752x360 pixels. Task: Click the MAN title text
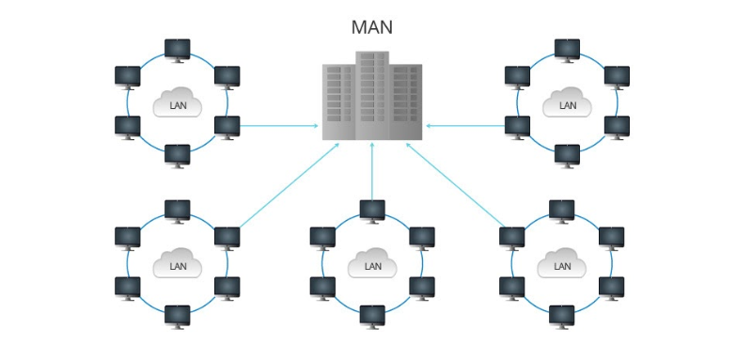click(371, 27)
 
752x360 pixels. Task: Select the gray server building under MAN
click(372, 96)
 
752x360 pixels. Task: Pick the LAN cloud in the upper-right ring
click(567, 102)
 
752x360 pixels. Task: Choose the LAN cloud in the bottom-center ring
click(372, 264)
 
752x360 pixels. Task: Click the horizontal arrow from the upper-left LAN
click(278, 124)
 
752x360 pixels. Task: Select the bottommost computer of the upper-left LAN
click(177, 154)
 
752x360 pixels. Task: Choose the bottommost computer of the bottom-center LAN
click(372, 315)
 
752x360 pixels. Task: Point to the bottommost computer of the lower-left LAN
click(177, 315)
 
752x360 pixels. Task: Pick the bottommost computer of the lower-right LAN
click(561, 315)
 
